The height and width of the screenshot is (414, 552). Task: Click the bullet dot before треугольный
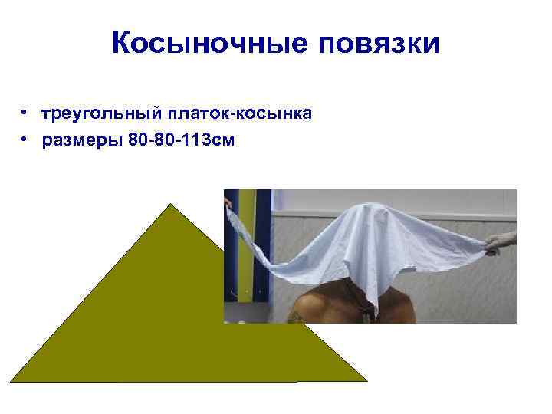coord(25,114)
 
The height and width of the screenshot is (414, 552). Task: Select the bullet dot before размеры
coord(25,140)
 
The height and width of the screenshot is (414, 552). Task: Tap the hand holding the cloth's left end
coord(226,202)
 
